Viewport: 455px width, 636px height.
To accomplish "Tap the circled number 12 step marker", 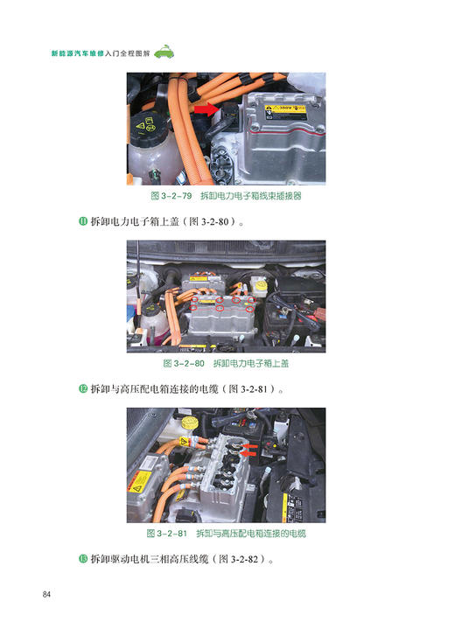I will [x=83, y=388].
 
